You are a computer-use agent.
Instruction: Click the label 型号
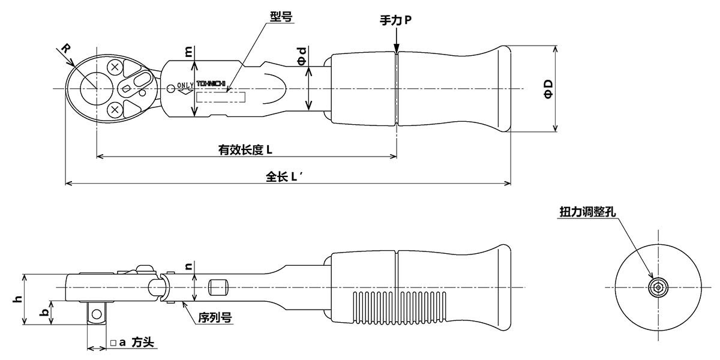281,17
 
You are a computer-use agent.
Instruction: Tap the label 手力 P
395,20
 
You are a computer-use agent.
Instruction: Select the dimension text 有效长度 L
245,150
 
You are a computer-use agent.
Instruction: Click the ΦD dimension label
548,89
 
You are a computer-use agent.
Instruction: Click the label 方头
143,343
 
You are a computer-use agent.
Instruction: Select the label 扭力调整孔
587,212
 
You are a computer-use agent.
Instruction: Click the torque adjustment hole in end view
659,287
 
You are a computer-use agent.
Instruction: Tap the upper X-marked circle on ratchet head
115,68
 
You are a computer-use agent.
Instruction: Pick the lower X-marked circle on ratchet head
115,109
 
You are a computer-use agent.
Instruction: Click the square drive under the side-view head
97,312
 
